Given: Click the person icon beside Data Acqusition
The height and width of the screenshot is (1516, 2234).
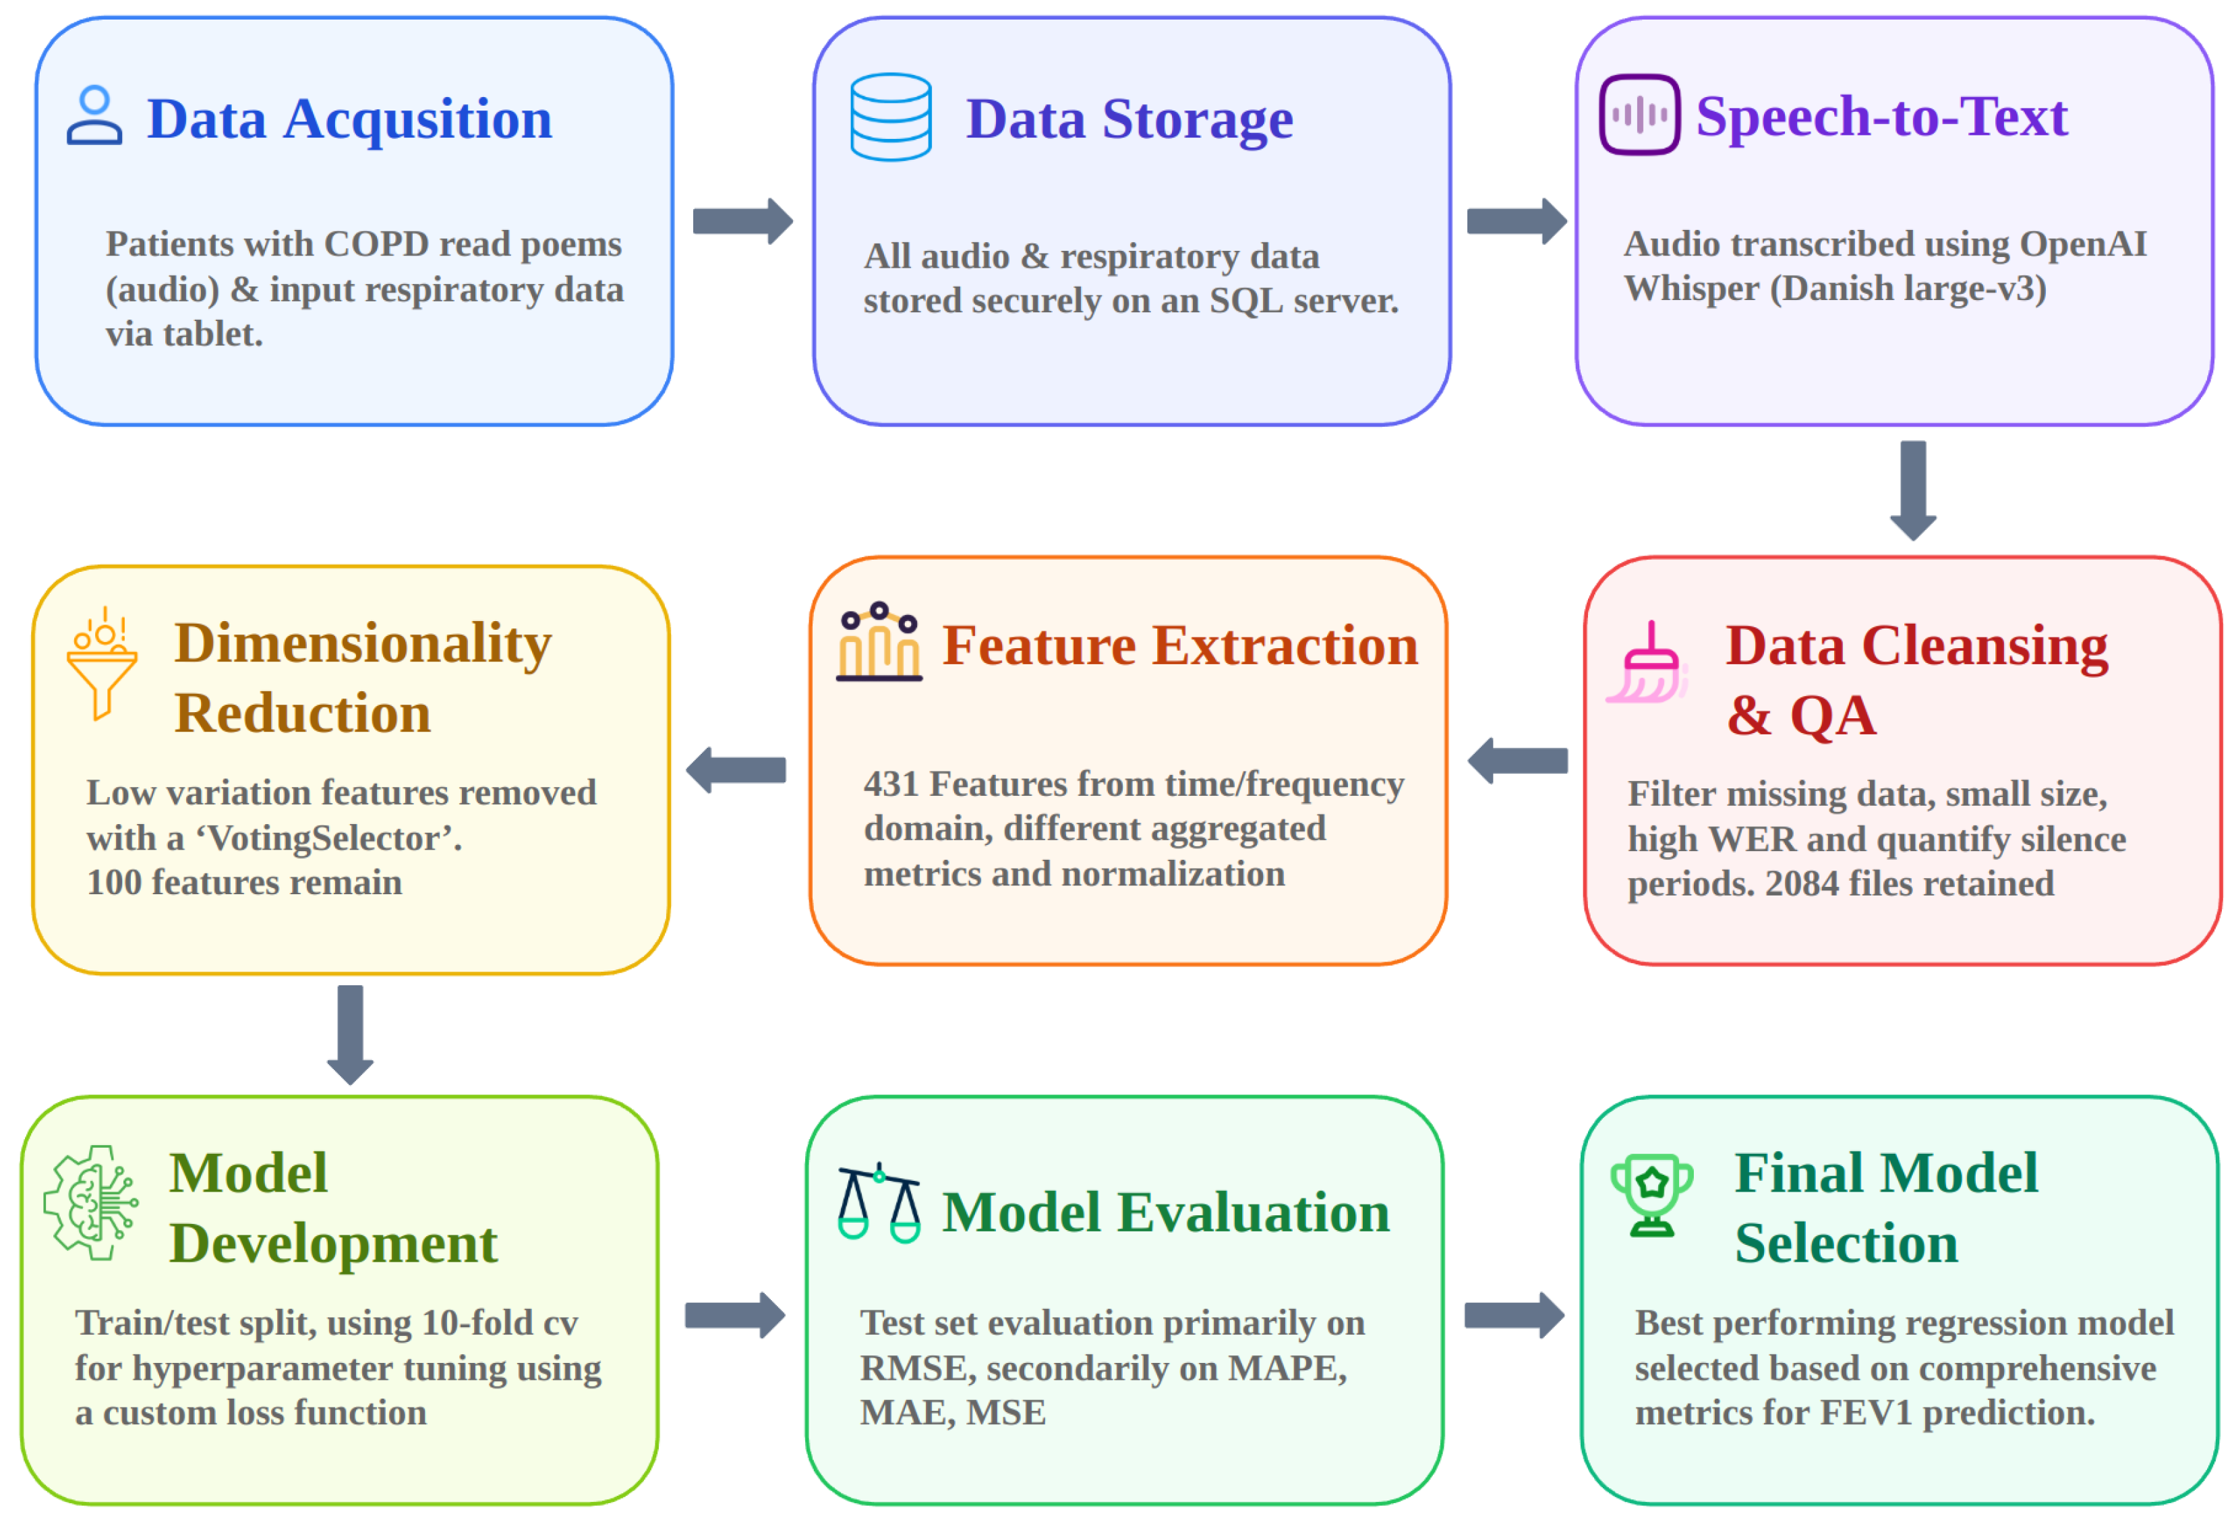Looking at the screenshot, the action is [94, 115].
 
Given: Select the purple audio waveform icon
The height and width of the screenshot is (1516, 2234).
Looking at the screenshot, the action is [1640, 115].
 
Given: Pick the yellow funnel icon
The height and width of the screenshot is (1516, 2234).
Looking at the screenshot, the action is [102, 664].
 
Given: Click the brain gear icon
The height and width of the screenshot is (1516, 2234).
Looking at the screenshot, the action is [91, 1202].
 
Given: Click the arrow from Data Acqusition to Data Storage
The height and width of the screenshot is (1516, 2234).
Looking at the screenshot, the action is [743, 221].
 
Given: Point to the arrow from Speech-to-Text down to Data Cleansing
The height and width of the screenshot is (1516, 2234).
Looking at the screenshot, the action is [1913, 490].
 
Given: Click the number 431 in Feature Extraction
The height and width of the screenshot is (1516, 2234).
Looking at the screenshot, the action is [891, 784].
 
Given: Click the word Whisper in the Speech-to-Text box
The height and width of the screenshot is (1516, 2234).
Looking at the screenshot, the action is [1691, 289].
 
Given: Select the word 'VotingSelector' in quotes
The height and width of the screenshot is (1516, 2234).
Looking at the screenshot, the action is [330, 838].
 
